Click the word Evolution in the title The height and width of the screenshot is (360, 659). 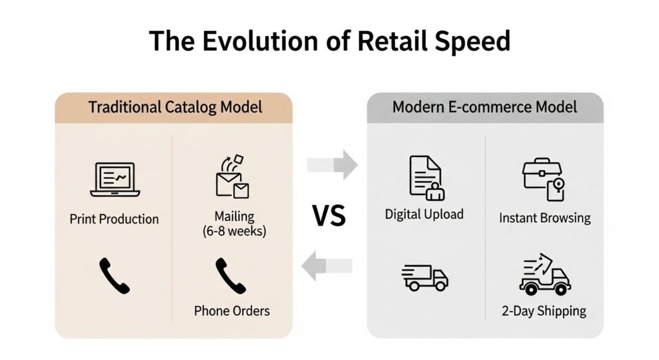(x=260, y=41)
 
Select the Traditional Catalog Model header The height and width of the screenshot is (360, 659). (x=175, y=108)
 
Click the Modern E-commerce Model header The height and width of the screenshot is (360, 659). (x=485, y=108)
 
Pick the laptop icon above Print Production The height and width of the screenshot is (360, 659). (x=115, y=180)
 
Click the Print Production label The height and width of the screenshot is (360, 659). (x=115, y=219)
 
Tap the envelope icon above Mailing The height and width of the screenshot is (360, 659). (x=232, y=176)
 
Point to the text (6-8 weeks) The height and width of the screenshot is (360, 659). (x=234, y=231)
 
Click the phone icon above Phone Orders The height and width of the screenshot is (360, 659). (x=230, y=276)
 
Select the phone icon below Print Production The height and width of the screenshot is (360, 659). (x=115, y=276)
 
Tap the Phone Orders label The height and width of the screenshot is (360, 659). (x=232, y=311)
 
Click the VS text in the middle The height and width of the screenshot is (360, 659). (x=329, y=216)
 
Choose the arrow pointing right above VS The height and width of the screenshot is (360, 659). (x=332, y=165)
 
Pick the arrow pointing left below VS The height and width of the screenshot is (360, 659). (x=327, y=265)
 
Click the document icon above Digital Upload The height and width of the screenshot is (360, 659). (x=427, y=178)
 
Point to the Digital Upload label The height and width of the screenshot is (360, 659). (x=424, y=214)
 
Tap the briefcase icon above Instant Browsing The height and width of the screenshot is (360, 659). (x=543, y=180)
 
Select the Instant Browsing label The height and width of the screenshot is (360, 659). (x=544, y=218)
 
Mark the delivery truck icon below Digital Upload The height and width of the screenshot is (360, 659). (x=425, y=278)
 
